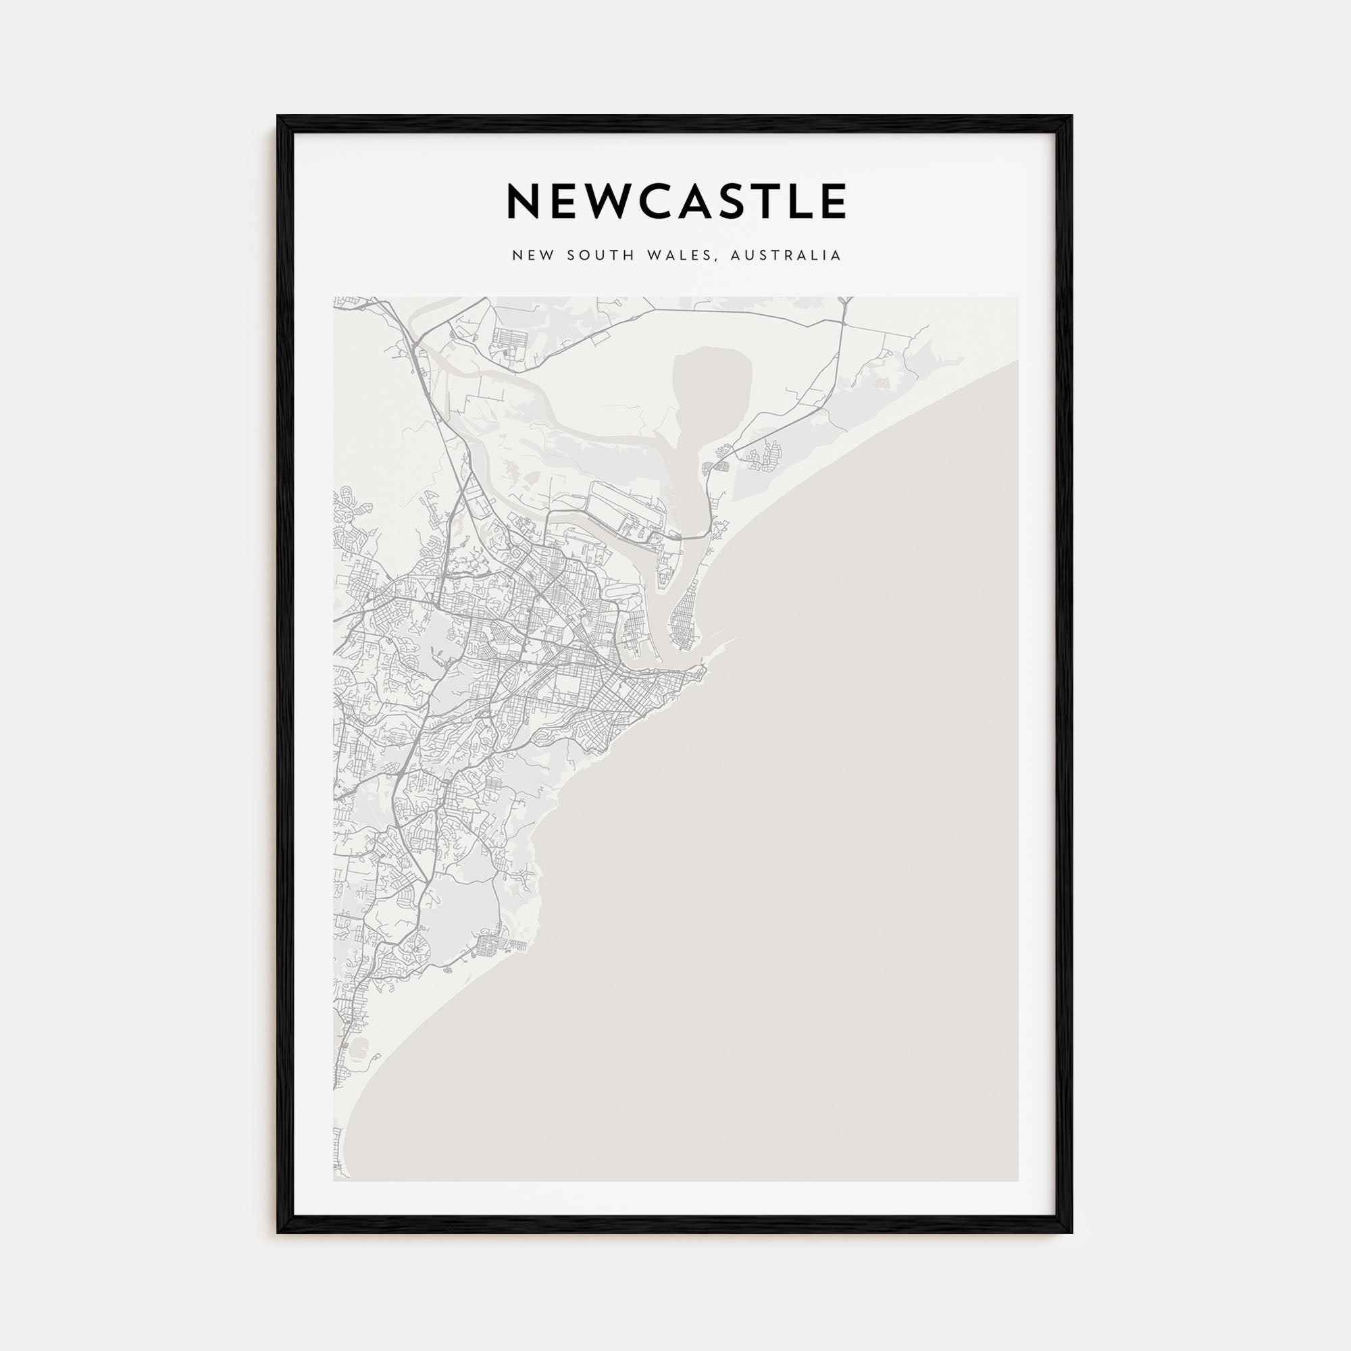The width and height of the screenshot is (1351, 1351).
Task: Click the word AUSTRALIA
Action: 786,256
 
